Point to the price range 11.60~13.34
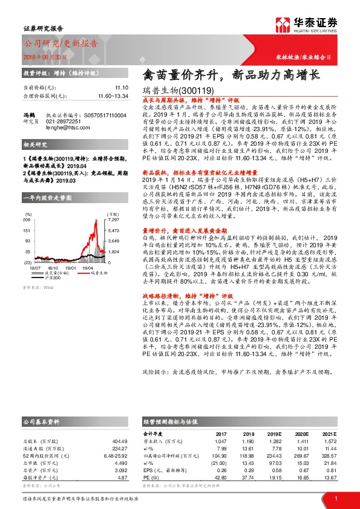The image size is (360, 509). click(111, 96)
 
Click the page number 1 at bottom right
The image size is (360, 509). click(336, 498)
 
